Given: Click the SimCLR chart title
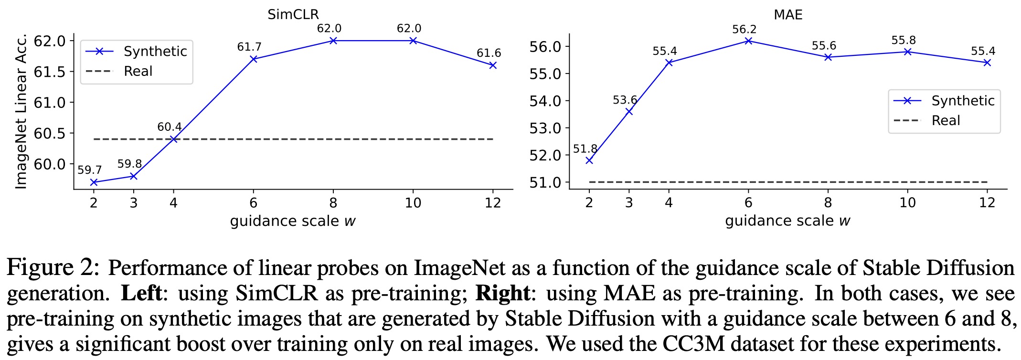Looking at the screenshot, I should [293, 14].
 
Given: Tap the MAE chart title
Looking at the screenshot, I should [788, 14].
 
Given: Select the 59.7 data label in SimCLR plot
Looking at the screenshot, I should [89, 170].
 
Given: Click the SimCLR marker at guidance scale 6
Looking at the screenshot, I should [254, 59].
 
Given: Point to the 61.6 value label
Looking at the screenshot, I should [489, 53].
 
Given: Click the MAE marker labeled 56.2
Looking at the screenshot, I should [748, 41].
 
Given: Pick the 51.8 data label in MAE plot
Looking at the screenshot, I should [585, 149].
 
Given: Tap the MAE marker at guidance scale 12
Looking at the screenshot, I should [987, 63].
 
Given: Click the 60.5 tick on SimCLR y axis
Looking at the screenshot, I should [50, 133].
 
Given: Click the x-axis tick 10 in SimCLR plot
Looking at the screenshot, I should [413, 203].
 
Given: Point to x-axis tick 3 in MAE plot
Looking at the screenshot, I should [629, 202].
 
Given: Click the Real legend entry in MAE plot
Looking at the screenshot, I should [946, 120].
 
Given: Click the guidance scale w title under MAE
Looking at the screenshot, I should [787, 221].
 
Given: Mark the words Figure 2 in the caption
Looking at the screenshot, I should [53, 268].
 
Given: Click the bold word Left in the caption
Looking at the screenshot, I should [141, 293].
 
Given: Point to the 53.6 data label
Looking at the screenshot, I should [625, 100].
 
